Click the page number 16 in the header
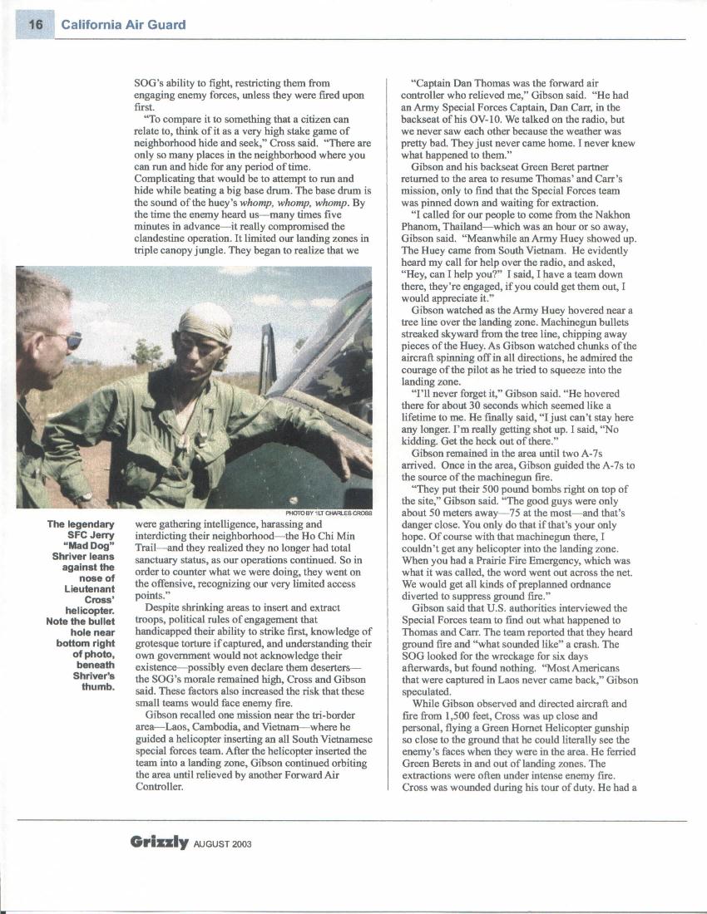tap(35, 24)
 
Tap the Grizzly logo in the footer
tap(160, 842)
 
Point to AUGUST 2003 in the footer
tap(222, 843)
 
